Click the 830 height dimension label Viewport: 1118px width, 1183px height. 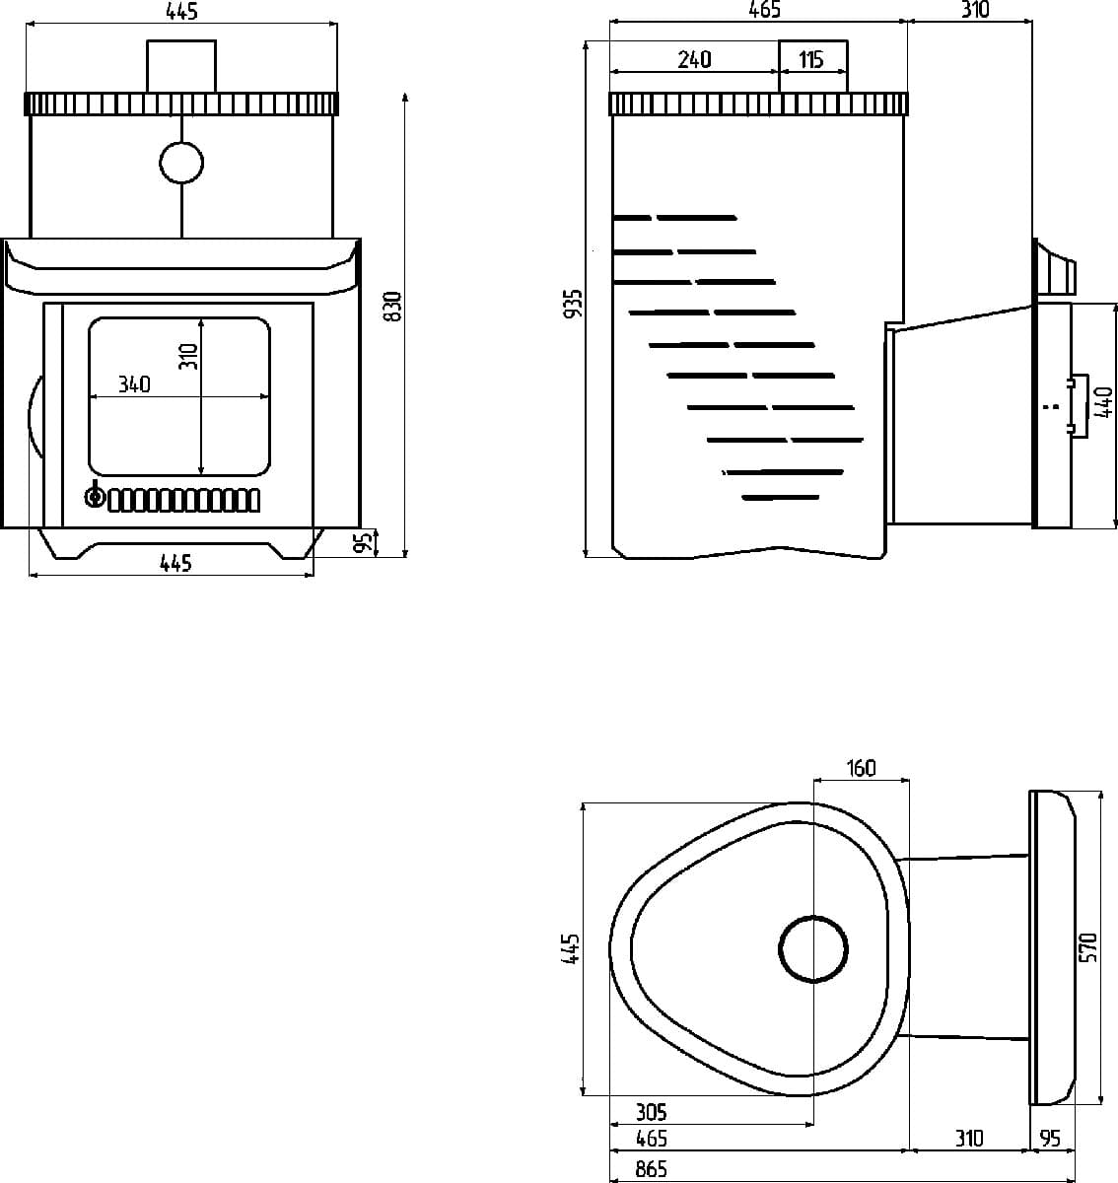(392, 307)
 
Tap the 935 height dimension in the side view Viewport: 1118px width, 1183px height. (574, 304)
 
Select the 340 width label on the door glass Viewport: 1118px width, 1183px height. (134, 384)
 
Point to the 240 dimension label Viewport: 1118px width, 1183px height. (694, 59)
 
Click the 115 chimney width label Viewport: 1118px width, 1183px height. (811, 59)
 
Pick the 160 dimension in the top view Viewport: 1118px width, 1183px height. (861, 768)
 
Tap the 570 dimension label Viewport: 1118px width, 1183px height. (1087, 947)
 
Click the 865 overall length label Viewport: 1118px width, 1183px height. (651, 1169)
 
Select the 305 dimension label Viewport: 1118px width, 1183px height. (651, 1112)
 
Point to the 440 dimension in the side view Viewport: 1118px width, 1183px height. (1103, 402)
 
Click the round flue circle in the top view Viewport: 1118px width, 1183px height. (813, 949)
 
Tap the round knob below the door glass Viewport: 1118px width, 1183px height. (95, 496)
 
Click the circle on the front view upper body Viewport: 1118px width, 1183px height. (181, 163)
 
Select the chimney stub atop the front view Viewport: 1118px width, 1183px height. (181, 66)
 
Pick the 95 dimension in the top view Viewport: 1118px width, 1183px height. (1050, 1139)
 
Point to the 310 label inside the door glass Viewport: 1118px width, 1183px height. (189, 356)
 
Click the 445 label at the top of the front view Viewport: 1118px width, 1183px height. (181, 11)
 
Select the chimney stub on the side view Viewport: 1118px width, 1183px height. (813, 66)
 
